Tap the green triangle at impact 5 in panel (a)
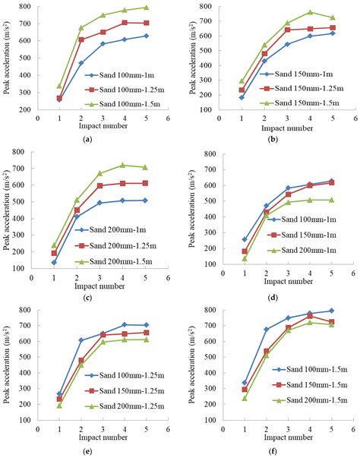coord(147,8)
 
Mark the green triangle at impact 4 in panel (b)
coord(310,12)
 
